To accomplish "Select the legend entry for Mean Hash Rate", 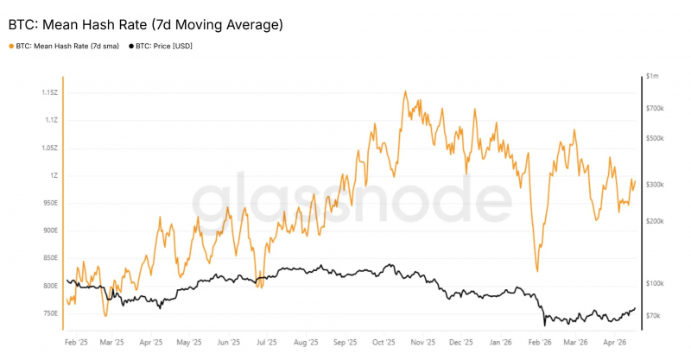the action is [64, 46].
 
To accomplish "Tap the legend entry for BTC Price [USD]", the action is [161, 46].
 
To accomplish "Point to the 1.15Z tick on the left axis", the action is [50, 92].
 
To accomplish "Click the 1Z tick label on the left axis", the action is [54, 175].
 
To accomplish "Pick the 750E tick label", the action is [50, 313].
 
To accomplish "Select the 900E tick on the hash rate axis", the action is [50, 231].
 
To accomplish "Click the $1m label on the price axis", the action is [652, 76].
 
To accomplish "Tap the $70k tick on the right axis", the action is [653, 315].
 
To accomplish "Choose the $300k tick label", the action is [655, 185].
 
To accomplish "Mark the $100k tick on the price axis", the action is [655, 283].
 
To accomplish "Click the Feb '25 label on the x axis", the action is [76, 343].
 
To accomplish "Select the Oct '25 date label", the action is [384, 343].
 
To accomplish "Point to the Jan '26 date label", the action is [501, 343].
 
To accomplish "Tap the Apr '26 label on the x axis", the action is [615, 343].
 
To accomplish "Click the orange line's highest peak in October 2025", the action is [405, 92].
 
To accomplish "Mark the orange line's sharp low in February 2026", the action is [537, 271].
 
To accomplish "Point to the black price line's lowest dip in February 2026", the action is [545, 325].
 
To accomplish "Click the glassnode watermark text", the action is [352, 198].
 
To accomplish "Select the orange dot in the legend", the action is [11, 47].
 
